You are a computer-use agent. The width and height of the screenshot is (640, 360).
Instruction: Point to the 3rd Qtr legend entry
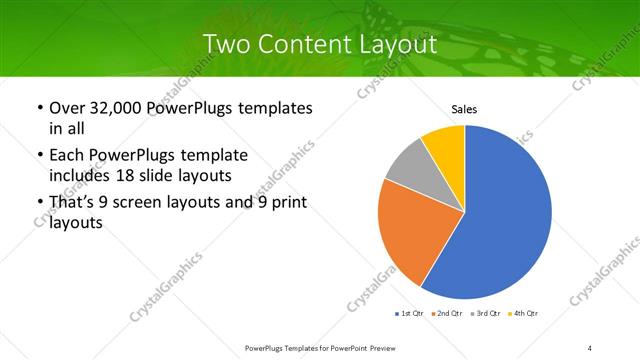tap(486, 314)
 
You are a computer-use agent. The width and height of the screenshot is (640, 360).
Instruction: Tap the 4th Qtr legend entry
tap(524, 314)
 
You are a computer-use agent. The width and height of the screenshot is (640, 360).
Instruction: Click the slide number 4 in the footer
tap(590, 347)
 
